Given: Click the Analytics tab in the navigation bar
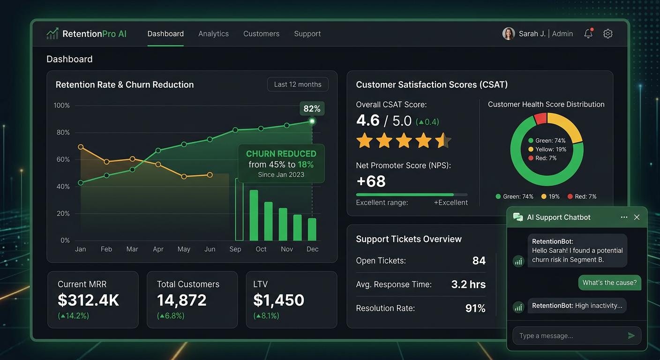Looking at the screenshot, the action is coord(213,34).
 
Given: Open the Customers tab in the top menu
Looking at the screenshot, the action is coord(261,34).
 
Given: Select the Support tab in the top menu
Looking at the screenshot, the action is coord(307,34).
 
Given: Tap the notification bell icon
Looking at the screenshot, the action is coord(588,33).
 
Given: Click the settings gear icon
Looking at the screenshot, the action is coord(608,34).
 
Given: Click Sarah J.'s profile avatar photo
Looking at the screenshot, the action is coord(509,34).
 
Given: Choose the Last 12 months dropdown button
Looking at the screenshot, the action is coord(298,84).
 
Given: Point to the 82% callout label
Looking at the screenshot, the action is coord(312,108).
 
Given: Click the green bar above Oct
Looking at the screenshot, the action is coord(254,215).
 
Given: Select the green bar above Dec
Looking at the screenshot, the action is coord(312,229).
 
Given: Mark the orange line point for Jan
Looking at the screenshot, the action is coord(81,147).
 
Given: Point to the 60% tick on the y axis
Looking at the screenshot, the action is coord(63,159).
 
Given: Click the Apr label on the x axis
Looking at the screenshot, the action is coord(158,249).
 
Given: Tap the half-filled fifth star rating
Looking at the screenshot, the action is coord(442,140).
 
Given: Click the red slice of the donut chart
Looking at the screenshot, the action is coord(540,118).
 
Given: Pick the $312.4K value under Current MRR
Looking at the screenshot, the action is coord(88,300).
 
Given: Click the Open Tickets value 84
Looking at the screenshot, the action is coord(479,261).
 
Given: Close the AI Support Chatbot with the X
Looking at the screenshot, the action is coord(637,217).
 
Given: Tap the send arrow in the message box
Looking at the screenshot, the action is coord(631,336).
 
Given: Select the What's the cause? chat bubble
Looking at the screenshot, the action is coord(609,283).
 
